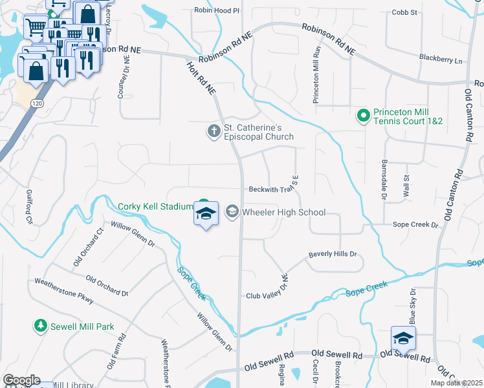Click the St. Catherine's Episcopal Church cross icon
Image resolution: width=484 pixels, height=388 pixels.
(214, 131)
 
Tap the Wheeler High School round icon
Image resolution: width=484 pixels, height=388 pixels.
(232, 212)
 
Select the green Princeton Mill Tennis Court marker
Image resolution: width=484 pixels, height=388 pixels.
(364, 116)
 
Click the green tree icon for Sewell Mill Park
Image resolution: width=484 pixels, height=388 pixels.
(40, 327)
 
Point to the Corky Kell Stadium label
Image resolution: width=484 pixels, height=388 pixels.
(155, 207)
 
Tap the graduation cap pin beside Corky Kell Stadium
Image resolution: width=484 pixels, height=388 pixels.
(206, 214)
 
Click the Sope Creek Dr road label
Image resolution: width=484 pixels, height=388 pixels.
(415, 225)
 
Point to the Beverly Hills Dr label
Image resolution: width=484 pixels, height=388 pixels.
(333, 254)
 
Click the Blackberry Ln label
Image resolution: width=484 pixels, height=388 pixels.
(441, 60)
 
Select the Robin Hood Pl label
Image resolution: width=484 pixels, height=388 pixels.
(217, 11)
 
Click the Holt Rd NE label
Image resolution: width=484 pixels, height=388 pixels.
(201, 79)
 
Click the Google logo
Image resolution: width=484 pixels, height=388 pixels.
(21, 380)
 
